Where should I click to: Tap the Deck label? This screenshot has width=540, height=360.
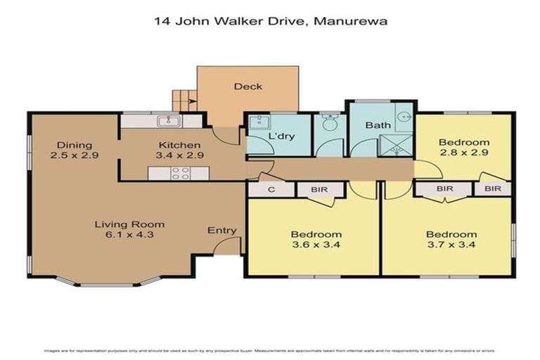point(247,86)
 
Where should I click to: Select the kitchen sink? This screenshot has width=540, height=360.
point(169,121)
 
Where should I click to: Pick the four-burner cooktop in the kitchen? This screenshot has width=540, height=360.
point(180,173)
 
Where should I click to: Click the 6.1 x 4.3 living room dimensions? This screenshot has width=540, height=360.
point(124,235)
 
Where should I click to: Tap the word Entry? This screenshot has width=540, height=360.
point(221,231)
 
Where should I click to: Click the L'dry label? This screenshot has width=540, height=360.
point(281,136)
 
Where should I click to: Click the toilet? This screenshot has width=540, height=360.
point(328,124)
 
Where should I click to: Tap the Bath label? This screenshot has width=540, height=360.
point(378,125)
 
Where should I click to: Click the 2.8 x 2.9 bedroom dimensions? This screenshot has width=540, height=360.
point(464,153)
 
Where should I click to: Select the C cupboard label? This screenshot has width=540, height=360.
point(271,189)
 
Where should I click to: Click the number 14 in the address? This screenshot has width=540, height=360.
point(161,21)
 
